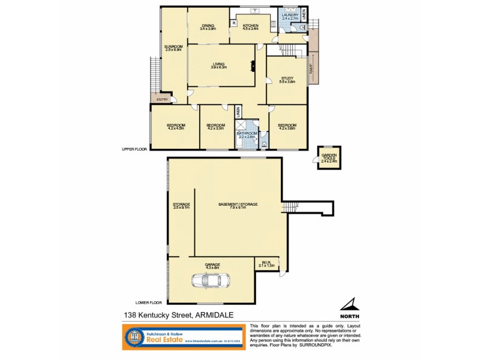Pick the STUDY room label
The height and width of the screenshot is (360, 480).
287,79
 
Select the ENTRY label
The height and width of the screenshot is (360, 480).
162,100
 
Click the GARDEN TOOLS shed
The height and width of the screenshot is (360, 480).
329,158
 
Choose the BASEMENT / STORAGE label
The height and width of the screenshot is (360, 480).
238,205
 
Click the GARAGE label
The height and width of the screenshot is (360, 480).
212,265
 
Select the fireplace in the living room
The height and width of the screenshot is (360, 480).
253,65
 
